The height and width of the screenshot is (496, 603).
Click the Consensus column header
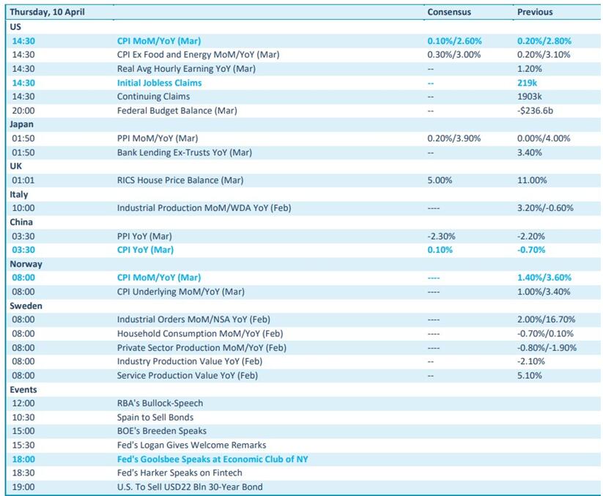point(449,12)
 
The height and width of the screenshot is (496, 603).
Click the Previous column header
point(535,12)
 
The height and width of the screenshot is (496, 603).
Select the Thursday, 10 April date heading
point(48,12)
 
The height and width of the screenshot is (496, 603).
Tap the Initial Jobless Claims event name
point(159,83)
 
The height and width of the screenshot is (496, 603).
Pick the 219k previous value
point(527,83)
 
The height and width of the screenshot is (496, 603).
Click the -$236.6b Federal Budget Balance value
point(535,111)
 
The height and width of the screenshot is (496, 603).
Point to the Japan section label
point(21,125)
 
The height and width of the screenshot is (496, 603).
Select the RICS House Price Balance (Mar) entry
point(180,180)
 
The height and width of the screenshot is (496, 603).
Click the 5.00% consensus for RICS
point(440,180)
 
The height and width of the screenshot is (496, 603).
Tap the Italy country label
point(19,195)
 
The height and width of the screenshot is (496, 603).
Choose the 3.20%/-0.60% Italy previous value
point(545,208)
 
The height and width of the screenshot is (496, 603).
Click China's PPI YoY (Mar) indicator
point(144,236)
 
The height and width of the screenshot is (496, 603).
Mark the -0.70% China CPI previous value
point(531,250)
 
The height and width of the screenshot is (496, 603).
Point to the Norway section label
point(26,264)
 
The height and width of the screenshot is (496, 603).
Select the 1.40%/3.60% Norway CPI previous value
point(544,278)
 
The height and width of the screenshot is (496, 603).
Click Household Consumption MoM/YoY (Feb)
point(200,334)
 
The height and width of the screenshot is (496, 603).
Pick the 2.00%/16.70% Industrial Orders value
point(546,319)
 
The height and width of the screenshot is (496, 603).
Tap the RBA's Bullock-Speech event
point(160,404)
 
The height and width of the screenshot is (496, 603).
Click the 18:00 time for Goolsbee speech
point(23,459)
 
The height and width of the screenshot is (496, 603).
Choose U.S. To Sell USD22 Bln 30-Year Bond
point(190,487)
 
